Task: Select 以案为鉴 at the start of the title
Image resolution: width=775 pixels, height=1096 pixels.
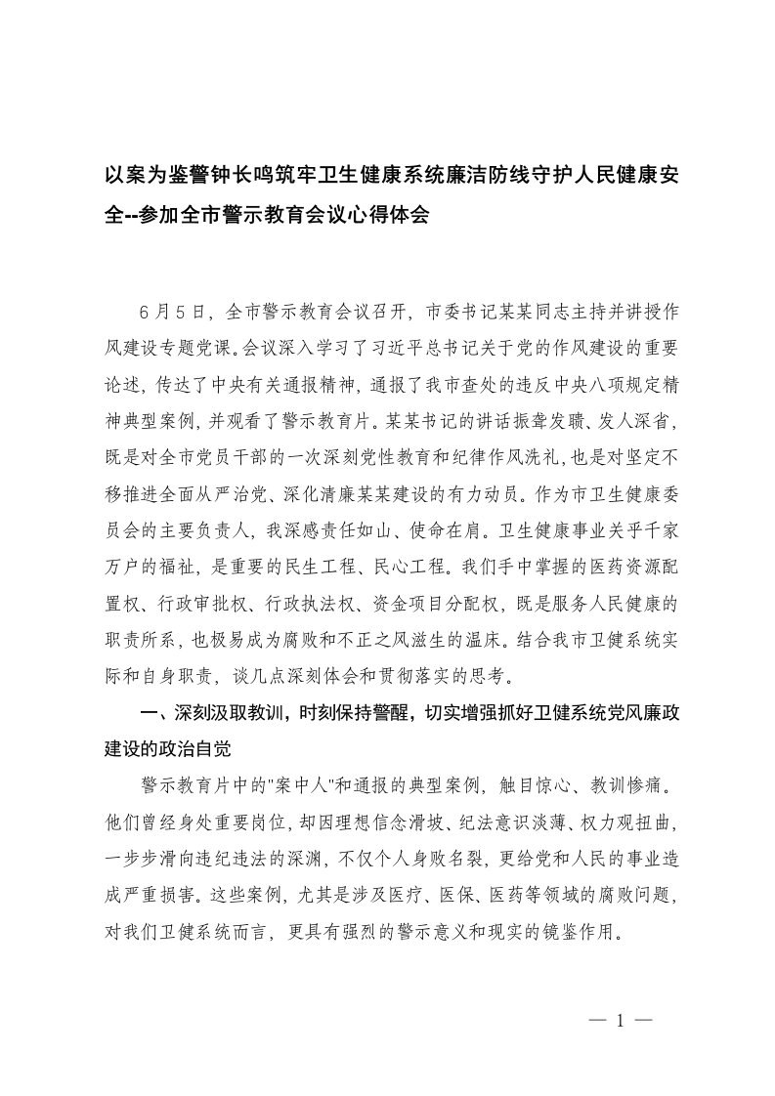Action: (151, 178)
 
